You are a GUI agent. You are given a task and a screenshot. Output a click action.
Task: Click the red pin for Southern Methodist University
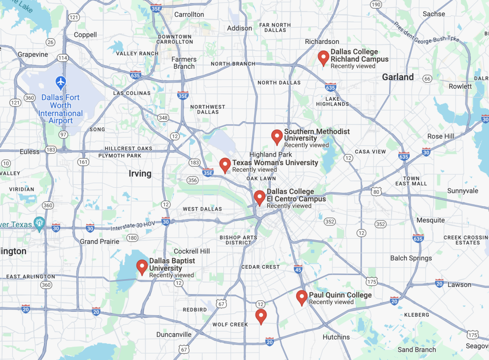pyautogui.click(x=276, y=137)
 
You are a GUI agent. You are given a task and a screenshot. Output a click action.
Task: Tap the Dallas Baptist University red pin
pyautogui.click(x=142, y=267)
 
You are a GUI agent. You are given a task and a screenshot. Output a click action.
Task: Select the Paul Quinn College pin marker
pyautogui.click(x=301, y=297)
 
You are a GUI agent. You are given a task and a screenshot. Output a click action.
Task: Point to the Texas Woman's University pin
pyautogui.click(x=225, y=165)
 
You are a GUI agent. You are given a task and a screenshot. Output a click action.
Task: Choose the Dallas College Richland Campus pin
pyautogui.click(x=323, y=58)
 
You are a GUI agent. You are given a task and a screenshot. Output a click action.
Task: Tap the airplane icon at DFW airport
pyautogui.click(x=61, y=82)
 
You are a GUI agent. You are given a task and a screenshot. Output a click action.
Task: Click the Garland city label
pyautogui.click(x=398, y=77)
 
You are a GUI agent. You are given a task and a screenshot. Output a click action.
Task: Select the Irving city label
pyautogui.click(x=140, y=173)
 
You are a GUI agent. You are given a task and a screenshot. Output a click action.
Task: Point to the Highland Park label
pyautogui.click(x=270, y=154)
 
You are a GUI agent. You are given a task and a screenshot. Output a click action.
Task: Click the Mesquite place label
pyautogui.click(x=431, y=220)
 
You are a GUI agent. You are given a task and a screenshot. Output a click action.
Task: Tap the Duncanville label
pyautogui.click(x=174, y=334)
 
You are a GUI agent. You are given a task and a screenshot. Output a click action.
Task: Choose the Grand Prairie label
pyautogui.click(x=99, y=242)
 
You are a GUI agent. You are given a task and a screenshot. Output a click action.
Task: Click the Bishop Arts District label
pyautogui.click(x=238, y=240)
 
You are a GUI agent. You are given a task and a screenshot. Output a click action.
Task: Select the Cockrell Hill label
pyautogui.click(x=191, y=251)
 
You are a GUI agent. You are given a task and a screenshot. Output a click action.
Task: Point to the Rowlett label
pyautogui.click(x=460, y=86)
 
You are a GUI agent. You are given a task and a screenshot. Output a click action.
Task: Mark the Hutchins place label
pyautogui.click(x=336, y=337)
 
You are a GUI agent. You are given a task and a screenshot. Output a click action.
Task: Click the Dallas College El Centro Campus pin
pyautogui.click(x=259, y=197)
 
